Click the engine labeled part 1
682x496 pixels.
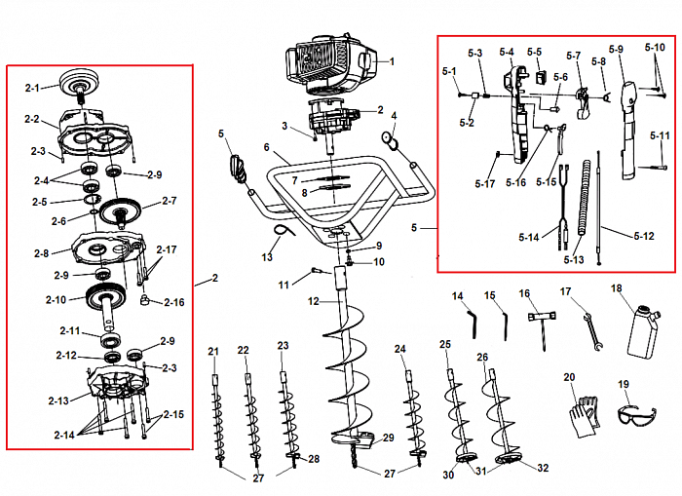tap(328, 64)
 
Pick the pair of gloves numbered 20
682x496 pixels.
tap(585, 413)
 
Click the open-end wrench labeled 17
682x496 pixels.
tap(589, 328)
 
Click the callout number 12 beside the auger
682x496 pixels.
tap(313, 301)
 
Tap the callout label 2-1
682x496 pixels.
tap(32, 88)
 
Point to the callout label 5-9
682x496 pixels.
tap(615, 49)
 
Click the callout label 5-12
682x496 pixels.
tap(643, 236)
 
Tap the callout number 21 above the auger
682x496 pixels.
tap(213, 349)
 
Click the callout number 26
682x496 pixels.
tap(482, 358)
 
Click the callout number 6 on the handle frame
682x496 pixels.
tap(265, 147)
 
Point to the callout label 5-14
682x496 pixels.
tap(529, 238)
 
